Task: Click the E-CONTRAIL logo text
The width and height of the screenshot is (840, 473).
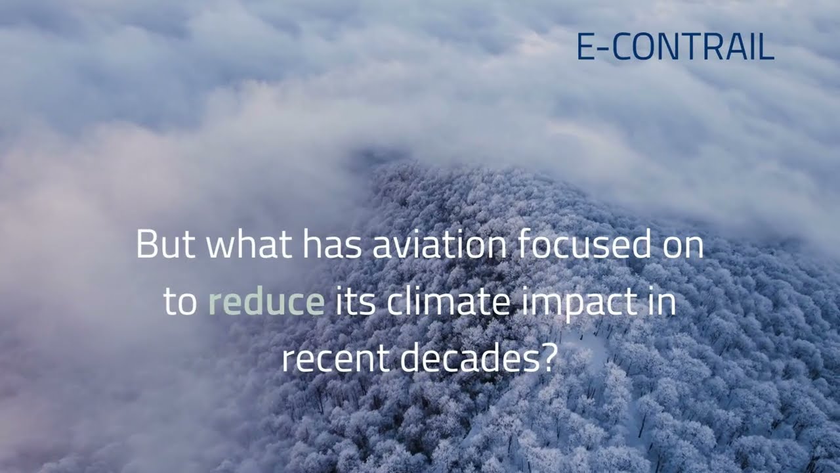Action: [x=675, y=47]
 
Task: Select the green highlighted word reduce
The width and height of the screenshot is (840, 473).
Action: [x=266, y=302]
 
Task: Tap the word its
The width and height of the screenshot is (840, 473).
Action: [x=356, y=302]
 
